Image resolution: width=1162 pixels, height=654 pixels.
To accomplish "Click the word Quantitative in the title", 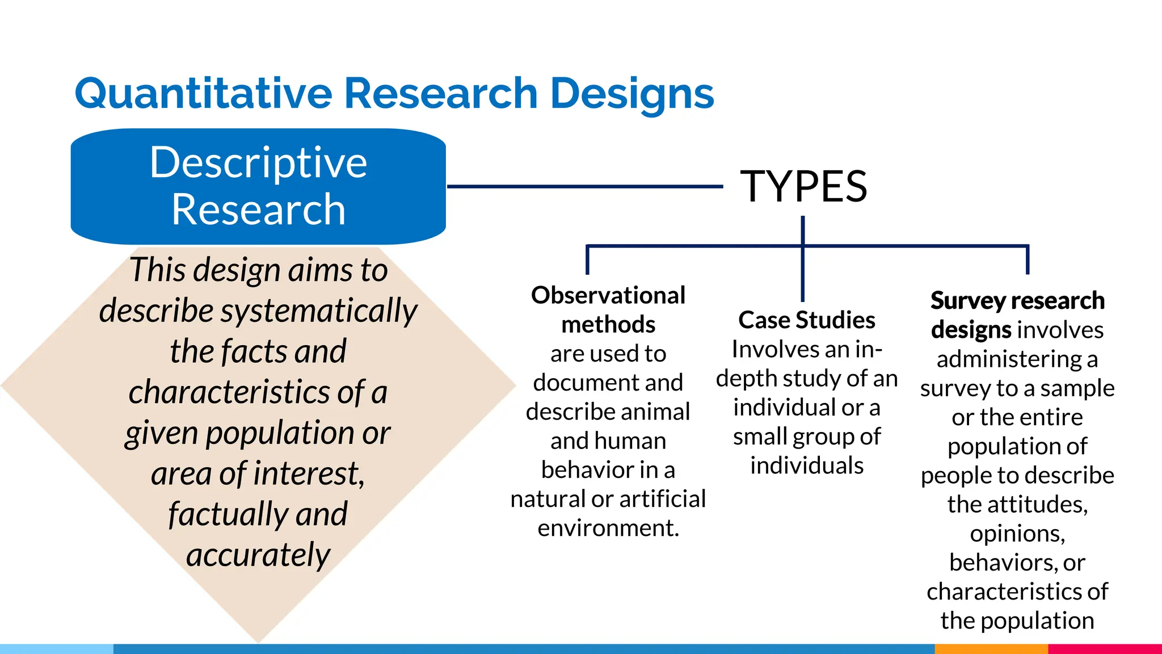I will (203, 94).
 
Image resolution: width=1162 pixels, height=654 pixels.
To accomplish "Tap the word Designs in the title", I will (632, 94).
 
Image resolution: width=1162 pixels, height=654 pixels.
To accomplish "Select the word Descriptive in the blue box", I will (258, 163).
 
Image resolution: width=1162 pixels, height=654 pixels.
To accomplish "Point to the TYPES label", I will (803, 186).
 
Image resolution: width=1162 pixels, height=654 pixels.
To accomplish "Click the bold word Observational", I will (608, 295).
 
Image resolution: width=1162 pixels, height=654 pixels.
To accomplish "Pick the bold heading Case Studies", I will (806, 320).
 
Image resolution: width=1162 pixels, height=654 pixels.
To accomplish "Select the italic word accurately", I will (258, 555).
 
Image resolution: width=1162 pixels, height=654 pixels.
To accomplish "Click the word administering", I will (1009, 359).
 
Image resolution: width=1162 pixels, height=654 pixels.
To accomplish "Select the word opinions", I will (1017, 534).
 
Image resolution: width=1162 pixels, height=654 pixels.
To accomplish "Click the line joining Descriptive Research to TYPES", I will (584, 186).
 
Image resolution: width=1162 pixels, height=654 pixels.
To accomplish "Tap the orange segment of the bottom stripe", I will (991, 649).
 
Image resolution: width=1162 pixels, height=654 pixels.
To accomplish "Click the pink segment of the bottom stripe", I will (1104, 649).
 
